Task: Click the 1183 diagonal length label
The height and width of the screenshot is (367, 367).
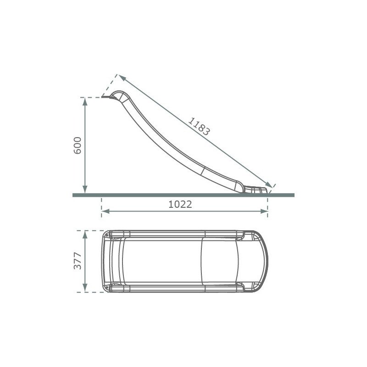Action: click(199, 127)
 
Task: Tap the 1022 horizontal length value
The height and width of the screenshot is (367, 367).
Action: click(180, 205)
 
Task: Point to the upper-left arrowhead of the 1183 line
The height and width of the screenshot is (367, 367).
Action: click(121, 77)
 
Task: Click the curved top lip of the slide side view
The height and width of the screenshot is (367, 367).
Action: click(116, 94)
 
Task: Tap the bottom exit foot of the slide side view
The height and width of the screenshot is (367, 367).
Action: click(257, 190)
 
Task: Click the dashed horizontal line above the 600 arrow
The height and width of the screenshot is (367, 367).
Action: click(92, 97)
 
